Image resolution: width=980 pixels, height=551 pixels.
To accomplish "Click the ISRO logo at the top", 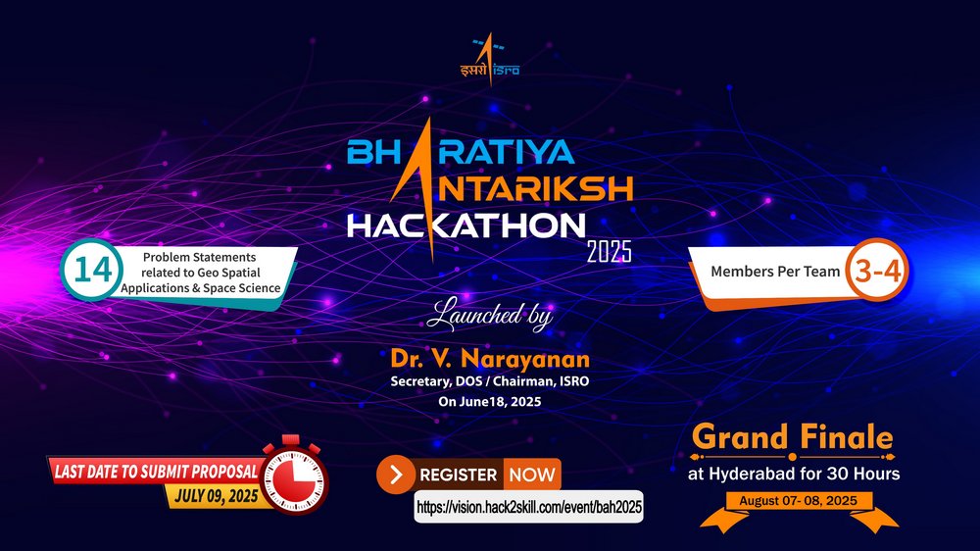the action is click(x=490, y=59).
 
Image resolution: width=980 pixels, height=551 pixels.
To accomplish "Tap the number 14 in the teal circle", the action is click(x=92, y=271).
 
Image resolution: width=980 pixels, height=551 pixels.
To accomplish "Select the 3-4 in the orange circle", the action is click(x=877, y=271).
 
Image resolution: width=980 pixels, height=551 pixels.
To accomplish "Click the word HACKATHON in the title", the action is click(x=466, y=225).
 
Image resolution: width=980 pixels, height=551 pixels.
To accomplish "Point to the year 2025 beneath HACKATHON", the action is click(x=609, y=251).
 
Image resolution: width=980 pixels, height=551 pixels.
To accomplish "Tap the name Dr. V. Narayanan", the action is click(x=490, y=359).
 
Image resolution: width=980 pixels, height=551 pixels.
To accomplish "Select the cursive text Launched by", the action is click(x=490, y=315).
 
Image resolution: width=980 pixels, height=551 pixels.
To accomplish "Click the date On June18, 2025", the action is click(x=490, y=402).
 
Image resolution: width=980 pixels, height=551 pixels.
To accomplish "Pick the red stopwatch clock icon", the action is click(x=294, y=476).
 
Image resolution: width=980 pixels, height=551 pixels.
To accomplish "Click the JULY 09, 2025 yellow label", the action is click(x=217, y=497).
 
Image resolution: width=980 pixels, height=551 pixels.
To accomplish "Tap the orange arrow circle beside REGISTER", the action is click(x=396, y=475).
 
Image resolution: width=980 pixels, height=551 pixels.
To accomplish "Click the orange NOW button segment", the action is click(x=532, y=475).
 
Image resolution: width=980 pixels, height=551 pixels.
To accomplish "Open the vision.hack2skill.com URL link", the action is click(x=529, y=507).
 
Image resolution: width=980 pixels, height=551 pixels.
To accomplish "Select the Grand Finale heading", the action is click(x=793, y=436).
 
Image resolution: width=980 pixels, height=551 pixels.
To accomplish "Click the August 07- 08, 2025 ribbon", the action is click(x=798, y=501).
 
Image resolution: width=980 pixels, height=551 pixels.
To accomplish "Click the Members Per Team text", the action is click(x=775, y=272).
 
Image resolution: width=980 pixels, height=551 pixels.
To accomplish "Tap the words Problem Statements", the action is click(x=199, y=257).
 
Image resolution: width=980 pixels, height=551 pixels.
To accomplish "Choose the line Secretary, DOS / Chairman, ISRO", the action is click(x=490, y=381).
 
